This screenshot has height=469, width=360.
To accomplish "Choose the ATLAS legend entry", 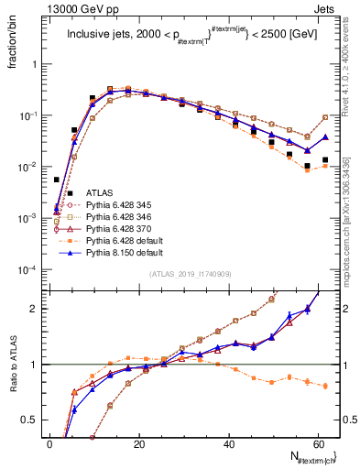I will point(99,192).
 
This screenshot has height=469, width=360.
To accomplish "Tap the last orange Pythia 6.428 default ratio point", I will point(326,386).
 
